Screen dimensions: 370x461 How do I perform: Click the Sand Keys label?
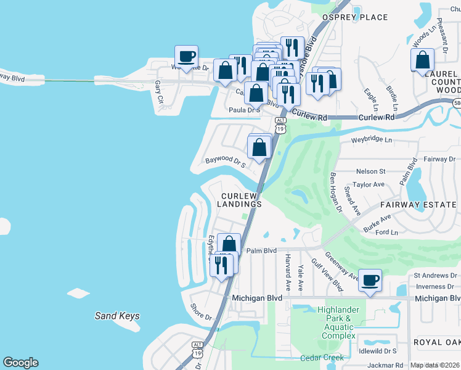[117, 316]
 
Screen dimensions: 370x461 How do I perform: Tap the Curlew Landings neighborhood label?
[242, 199]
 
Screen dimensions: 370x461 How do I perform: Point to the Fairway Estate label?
[420, 204]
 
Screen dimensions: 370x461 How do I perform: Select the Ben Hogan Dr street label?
[336, 192]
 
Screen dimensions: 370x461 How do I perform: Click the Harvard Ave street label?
[288, 272]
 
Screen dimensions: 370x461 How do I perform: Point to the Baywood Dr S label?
[226, 162]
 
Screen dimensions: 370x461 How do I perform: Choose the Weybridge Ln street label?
[371, 140]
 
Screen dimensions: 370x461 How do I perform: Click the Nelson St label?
[370, 171]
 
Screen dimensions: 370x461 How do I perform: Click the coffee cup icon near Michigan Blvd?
[370, 281]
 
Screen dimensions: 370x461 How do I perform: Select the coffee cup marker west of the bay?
[186, 57]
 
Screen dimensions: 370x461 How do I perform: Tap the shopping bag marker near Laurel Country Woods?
[423, 60]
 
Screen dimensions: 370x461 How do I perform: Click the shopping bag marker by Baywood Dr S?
[259, 147]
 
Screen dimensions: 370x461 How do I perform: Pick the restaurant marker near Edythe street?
[221, 265]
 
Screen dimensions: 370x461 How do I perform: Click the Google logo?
[20, 363]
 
